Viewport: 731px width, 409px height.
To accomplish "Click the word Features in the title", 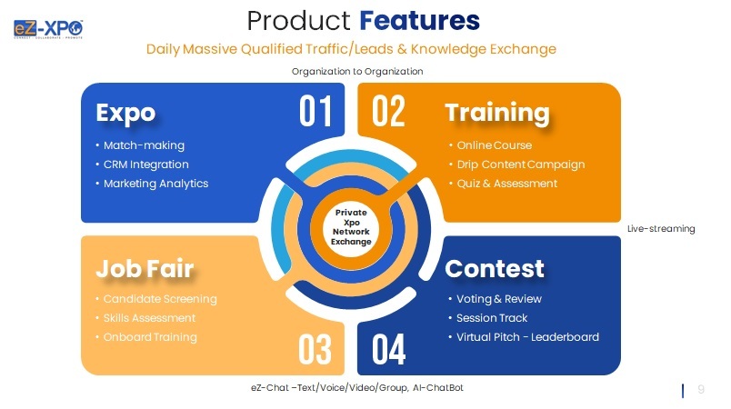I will (x=419, y=19).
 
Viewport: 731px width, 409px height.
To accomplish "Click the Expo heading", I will (x=125, y=113).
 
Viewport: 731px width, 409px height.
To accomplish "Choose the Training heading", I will (x=497, y=113).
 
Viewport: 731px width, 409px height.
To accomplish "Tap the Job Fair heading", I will (x=145, y=269).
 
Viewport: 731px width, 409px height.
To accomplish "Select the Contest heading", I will (x=495, y=269).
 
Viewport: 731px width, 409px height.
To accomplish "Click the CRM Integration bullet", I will (x=145, y=165).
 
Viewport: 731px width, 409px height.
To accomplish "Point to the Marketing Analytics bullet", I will (x=155, y=184).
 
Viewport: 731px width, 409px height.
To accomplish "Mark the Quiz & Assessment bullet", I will (x=503, y=184).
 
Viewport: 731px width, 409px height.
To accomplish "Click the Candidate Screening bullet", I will (x=160, y=299).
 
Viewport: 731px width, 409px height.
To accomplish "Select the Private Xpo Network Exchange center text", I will (x=352, y=227).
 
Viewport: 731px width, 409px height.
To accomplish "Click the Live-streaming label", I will (x=661, y=229).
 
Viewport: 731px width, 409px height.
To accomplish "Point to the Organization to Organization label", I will (x=357, y=71).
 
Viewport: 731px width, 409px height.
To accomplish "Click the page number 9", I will (x=701, y=390).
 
